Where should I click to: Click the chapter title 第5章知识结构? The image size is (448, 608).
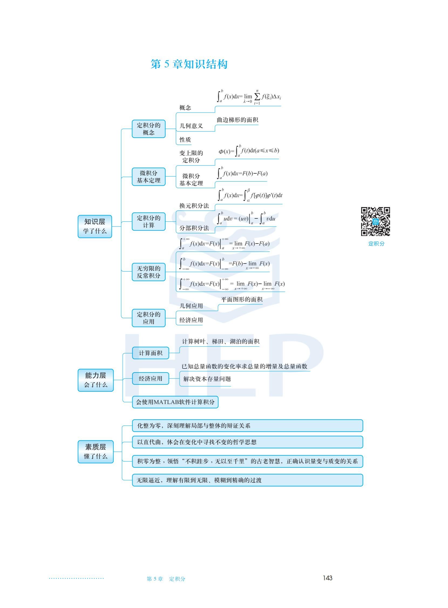(x=189, y=64)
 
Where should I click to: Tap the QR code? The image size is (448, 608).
(x=375, y=222)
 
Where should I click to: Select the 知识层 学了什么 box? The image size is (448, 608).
(x=95, y=226)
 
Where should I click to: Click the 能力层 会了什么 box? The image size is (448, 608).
(x=96, y=380)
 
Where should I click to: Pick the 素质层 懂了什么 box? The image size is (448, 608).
(x=96, y=451)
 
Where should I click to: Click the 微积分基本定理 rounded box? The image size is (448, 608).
(x=149, y=177)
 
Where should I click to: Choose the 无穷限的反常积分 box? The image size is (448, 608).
(x=149, y=272)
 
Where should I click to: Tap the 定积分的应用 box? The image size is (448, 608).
(x=149, y=318)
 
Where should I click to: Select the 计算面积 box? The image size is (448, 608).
(x=151, y=353)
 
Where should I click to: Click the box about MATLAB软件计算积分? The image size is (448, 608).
(x=175, y=402)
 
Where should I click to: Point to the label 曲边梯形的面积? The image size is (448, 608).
(x=237, y=120)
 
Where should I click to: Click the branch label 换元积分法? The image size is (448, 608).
(x=194, y=206)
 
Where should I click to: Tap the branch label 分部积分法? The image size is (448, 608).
(x=194, y=228)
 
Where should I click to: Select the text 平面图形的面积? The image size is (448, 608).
(x=242, y=299)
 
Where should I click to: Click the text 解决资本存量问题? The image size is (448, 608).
(x=207, y=379)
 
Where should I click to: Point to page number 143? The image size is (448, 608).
(x=328, y=578)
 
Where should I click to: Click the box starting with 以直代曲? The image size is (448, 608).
(x=247, y=442)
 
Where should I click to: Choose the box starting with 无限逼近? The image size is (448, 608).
(x=247, y=480)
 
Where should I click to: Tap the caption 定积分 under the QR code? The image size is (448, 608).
(x=376, y=244)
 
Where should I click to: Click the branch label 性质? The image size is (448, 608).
(x=185, y=140)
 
